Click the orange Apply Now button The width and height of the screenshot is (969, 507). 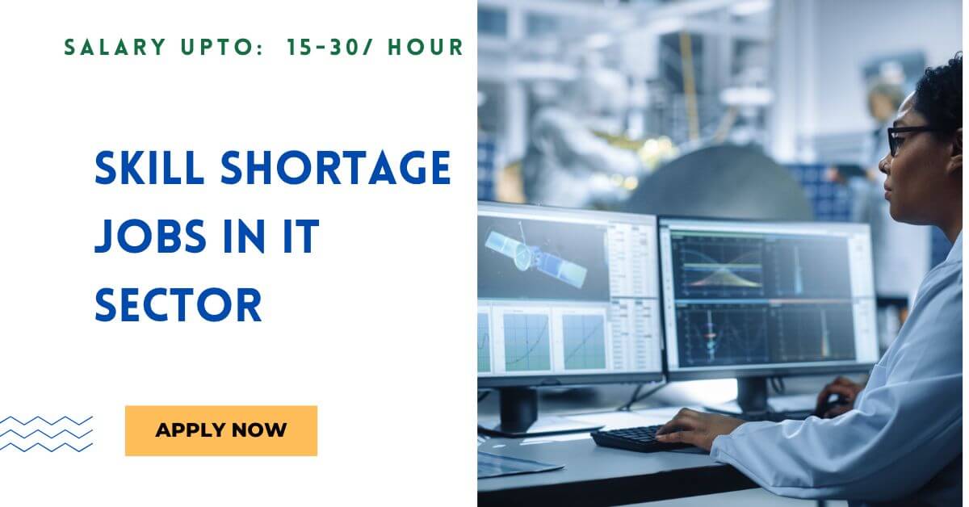[x=220, y=430]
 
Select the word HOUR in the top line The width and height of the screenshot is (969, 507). [x=425, y=48]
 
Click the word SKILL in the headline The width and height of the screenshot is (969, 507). [x=149, y=169]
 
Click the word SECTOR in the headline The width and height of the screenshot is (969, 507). [x=178, y=306]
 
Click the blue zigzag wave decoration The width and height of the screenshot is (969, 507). [x=47, y=434]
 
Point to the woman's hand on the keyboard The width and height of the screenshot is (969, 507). [x=694, y=425]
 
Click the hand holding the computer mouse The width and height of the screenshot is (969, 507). [x=836, y=395]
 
